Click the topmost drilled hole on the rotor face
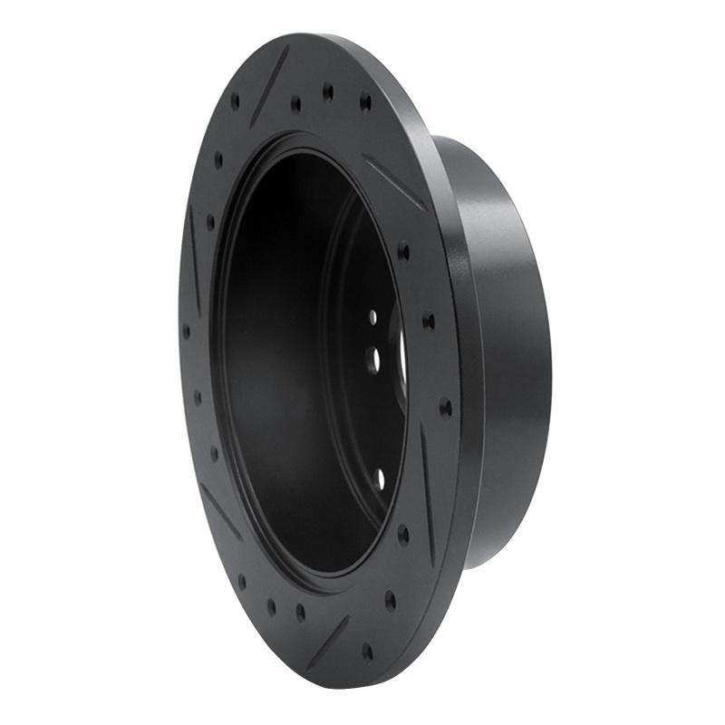pyautogui.click(x=328, y=91)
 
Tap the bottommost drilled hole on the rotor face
pyautogui.click(x=367, y=651)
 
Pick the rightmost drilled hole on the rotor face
pyautogui.click(x=445, y=408)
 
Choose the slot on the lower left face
pyautogui.click(x=221, y=511)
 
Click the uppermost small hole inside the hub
pyautogui.click(x=372, y=317)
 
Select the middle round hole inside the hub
pyautogui.click(x=374, y=360)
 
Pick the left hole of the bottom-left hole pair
pyautogui.click(x=271, y=606)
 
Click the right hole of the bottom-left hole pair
pyautogui.click(x=300, y=613)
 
